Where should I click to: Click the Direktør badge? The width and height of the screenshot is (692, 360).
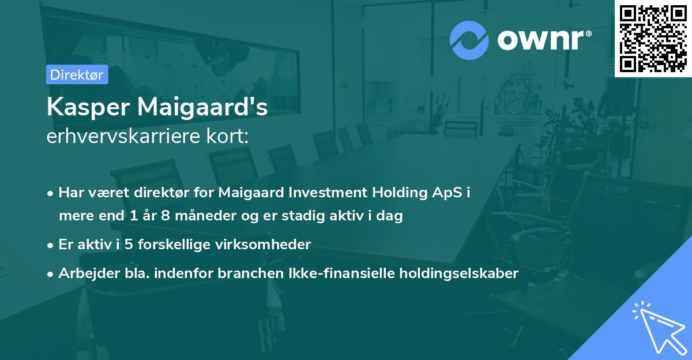pos(77,74)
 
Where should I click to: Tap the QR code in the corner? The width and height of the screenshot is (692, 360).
pos(653,38)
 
